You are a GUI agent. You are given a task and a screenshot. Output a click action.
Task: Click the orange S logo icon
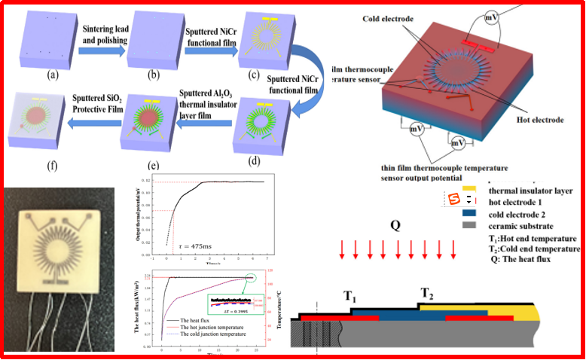point(454,200)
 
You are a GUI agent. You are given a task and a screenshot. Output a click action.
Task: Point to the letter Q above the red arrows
point(396,225)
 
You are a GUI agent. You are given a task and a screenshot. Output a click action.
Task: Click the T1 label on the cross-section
point(351,297)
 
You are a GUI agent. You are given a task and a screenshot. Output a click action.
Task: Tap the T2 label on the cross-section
point(426,292)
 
